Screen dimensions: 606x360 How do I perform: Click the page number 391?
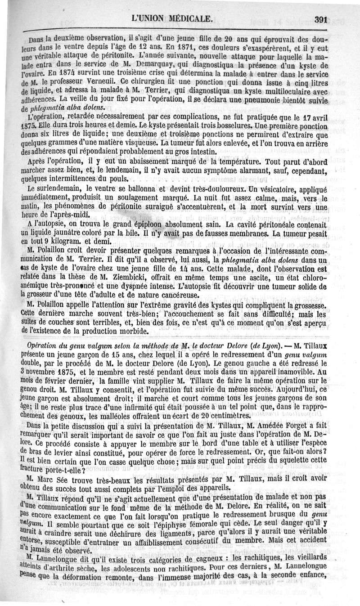point(322,18)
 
